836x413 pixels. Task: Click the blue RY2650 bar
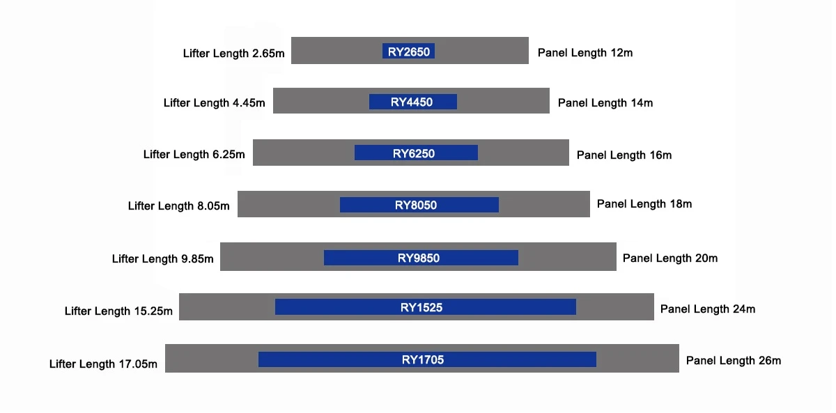[x=408, y=51]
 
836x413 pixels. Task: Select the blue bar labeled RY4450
[x=412, y=102]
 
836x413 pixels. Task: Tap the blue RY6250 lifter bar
[x=416, y=153]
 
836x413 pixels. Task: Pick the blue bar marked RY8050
[x=419, y=205]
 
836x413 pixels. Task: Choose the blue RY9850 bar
[x=421, y=258]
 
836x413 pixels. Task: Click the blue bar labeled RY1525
[x=426, y=306]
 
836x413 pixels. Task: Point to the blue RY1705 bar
[x=427, y=359]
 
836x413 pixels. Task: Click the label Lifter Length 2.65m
[x=233, y=54]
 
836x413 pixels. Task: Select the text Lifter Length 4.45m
[x=215, y=102]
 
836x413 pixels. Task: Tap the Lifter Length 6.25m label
[x=194, y=154]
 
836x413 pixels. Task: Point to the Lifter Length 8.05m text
[x=179, y=205]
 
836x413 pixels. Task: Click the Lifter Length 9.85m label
[x=163, y=258]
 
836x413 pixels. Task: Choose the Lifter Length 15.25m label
[x=118, y=311]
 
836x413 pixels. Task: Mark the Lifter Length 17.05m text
[x=103, y=364]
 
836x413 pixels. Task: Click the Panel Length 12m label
[x=585, y=53]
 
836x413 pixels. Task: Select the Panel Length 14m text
[x=605, y=102]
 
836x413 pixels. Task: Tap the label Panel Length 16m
[x=624, y=155]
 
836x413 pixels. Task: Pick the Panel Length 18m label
[x=644, y=203]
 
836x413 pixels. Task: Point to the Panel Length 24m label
[x=708, y=309]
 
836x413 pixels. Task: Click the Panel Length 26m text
[x=734, y=360]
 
